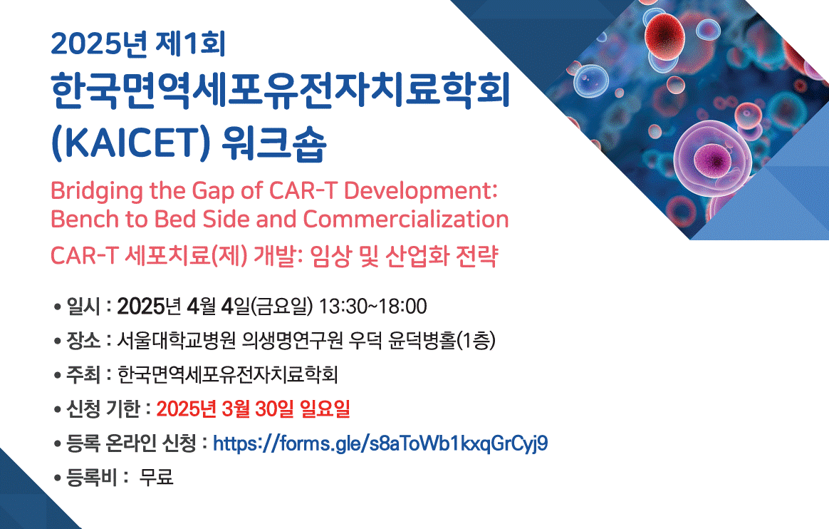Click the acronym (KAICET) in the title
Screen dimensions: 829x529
coord(130,143)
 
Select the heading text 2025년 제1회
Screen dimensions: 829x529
coord(138,44)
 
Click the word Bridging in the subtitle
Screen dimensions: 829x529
coord(97,191)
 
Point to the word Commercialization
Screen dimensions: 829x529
coord(406,219)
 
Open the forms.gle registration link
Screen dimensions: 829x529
coord(380,443)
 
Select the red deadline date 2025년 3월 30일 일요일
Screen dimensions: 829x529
coord(254,409)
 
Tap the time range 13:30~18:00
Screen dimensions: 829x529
coord(372,307)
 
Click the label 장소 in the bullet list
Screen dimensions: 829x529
coord(83,340)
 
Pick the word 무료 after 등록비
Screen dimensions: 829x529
coord(156,477)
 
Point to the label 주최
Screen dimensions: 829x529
coord(83,374)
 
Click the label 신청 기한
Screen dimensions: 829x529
coord(103,409)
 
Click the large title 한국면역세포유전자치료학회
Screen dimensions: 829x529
coord(281,91)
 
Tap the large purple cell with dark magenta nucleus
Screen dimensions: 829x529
coord(712,156)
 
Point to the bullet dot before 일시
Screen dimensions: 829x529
coord(58,307)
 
